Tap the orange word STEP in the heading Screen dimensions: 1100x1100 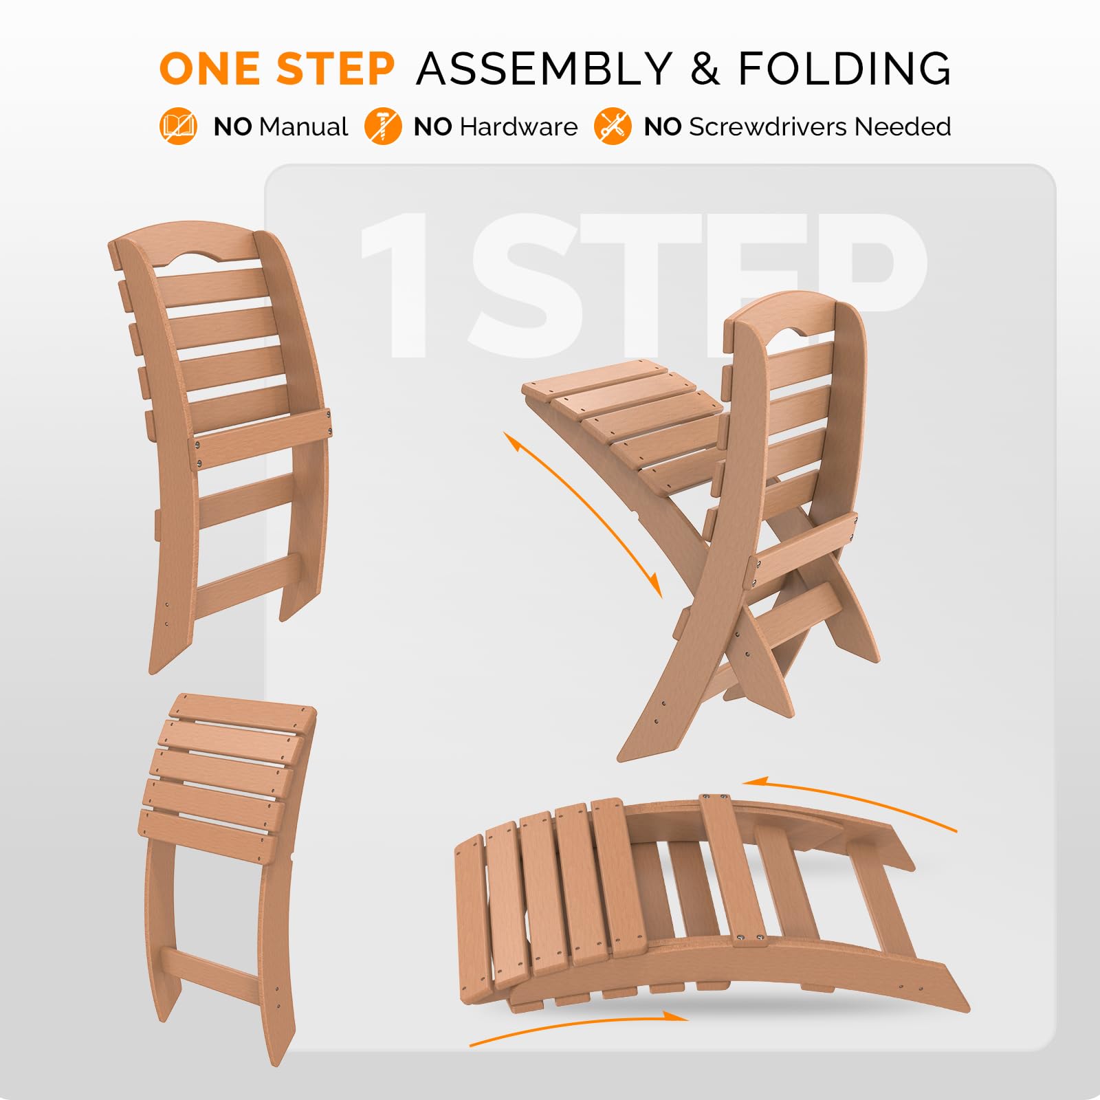click(335, 69)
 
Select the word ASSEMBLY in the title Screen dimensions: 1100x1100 click(544, 69)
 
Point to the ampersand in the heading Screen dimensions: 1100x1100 click(705, 69)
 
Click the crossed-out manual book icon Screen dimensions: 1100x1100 click(178, 126)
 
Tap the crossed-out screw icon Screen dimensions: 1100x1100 click(382, 126)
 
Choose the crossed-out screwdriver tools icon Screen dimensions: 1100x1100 click(613, 126)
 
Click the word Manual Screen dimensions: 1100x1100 click(304, 127)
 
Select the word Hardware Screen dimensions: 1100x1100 click(518, 127)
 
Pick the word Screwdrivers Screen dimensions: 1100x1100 click(767, 127)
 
